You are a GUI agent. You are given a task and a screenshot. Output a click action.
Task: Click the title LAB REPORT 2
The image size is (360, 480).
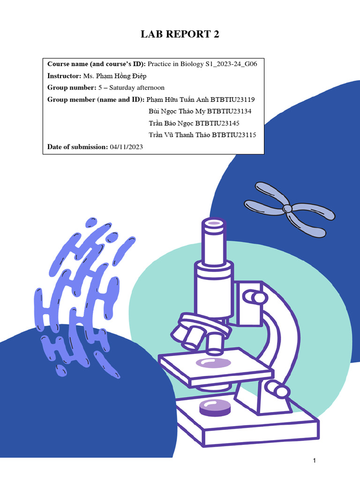[x=180, y=34]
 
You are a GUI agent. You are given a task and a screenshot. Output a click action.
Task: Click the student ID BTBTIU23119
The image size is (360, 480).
[x=232, y=99]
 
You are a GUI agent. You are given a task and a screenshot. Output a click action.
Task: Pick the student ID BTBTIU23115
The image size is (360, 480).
[x=234, y=135]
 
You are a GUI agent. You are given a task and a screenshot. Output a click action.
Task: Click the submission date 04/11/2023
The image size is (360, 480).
[x=127, y=147]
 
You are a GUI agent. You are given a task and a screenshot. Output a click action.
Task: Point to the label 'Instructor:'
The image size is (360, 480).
[x=64, y=75]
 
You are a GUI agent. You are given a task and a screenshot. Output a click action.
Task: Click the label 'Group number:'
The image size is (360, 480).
[x=71, y=88]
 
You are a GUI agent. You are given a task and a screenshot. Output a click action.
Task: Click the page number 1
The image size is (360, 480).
[x=315, y=461]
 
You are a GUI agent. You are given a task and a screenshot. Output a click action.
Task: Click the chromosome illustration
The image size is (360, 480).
[x=289, y=209]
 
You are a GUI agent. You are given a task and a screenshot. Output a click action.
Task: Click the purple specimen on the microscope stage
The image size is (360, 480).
[x=213, y=362]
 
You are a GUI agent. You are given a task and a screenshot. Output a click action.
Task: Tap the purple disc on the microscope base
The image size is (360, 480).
[x=215, y=407]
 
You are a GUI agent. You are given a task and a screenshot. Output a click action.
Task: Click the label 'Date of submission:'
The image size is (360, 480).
[x=77, y=147]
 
